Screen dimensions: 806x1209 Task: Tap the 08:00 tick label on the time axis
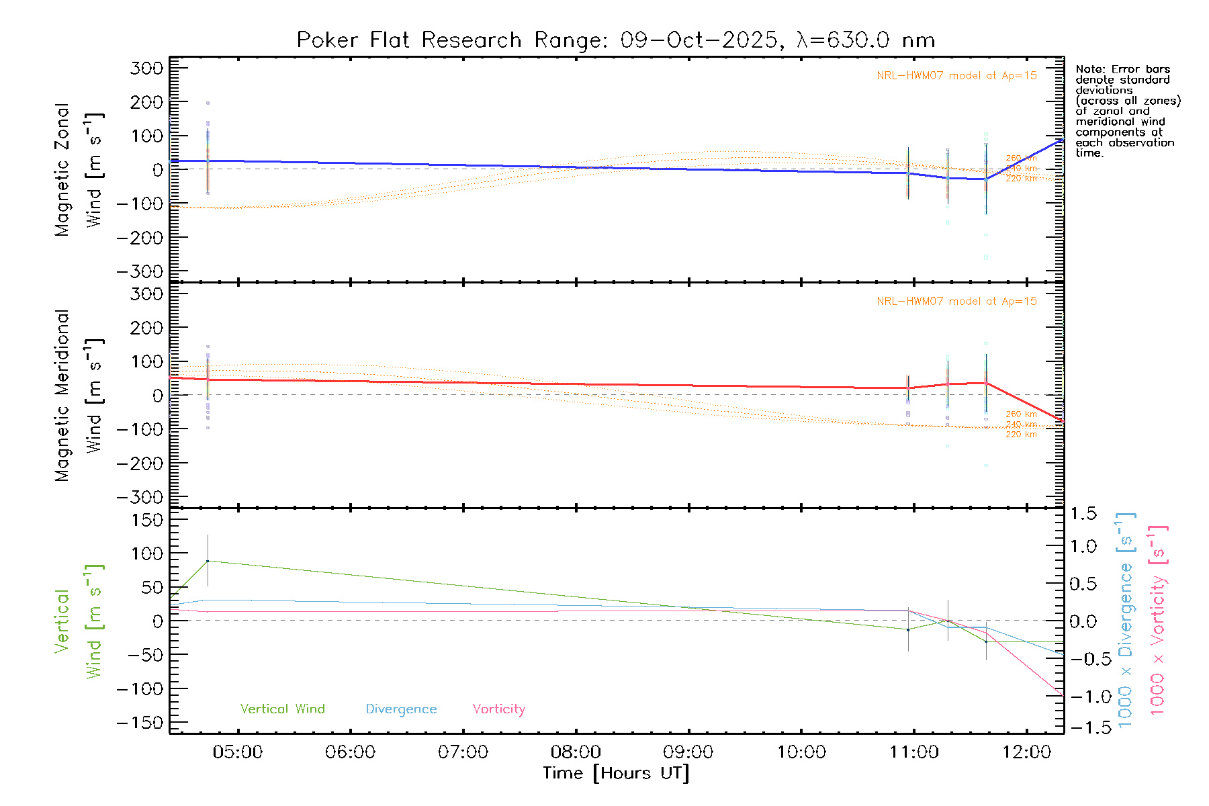576,752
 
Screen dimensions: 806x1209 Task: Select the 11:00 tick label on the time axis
914,752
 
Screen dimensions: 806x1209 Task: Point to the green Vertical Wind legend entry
282,709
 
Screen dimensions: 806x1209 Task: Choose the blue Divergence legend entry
401,709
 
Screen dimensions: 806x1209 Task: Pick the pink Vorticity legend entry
498,709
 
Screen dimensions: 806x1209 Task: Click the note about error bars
1127,111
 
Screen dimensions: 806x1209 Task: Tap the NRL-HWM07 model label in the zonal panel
956,75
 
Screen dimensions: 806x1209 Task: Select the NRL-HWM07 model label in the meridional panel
956,301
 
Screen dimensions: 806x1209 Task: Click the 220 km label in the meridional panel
1021,435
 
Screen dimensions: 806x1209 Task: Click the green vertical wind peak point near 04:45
208,561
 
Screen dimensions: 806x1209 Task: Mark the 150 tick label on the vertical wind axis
147,520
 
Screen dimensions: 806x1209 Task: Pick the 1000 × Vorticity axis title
1158,620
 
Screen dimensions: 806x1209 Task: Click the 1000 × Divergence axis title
1126,620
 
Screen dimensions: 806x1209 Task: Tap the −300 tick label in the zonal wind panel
140,271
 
